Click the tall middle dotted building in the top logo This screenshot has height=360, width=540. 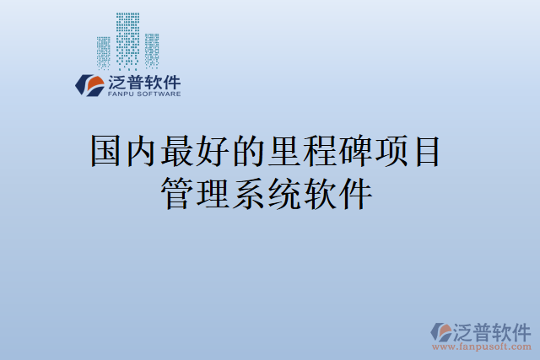127,37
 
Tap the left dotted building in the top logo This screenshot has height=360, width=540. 104,51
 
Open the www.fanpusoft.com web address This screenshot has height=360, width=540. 481,347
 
